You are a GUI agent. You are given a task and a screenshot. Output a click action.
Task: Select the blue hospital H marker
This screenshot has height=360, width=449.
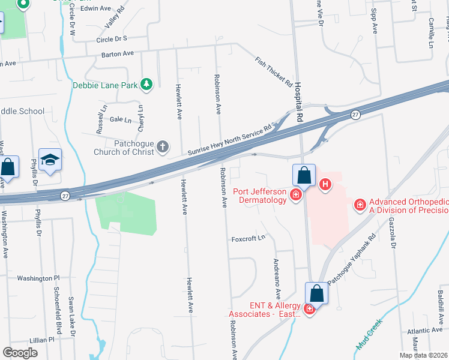pyautogui.click(x=325, y=184)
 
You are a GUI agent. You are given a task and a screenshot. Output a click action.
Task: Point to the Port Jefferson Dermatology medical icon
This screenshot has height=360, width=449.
pyautogui.click(x=295, y=194)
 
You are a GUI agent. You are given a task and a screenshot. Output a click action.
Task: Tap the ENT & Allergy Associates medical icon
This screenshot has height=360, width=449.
pyautogui.click(x=310, y=308)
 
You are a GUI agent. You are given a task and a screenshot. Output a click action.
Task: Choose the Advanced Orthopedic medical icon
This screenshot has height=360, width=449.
pyautogui.click(x=360, y=205)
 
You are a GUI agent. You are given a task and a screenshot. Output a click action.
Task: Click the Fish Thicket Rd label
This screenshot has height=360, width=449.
pyautogui.click(x=273, y=71)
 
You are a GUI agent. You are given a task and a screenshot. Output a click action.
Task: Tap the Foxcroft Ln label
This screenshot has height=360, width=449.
pyautogui.click(x=249, y=239)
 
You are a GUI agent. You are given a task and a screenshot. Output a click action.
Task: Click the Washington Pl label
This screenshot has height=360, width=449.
pyautogui.click(x=38, y=278)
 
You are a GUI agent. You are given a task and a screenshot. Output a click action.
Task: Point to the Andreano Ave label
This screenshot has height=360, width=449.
pyautogui.click(x=277, y=279)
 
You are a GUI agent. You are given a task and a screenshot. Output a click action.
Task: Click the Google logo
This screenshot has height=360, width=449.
pyautogui.click(x=20, y=353)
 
